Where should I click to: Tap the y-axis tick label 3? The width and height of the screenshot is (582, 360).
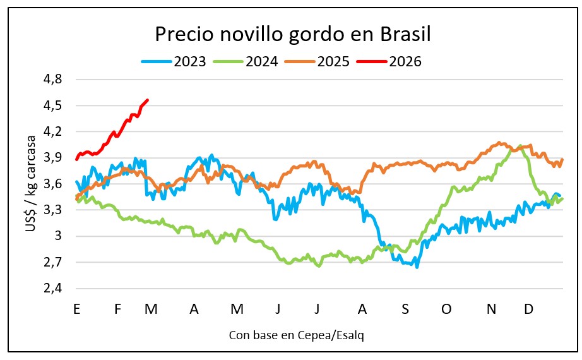pos(58,236)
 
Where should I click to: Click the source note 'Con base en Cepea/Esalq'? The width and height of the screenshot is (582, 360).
pos(297,335)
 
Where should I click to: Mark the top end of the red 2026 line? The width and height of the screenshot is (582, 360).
pos(148,100)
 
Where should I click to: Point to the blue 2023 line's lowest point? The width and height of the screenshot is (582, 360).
pos(417,267)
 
